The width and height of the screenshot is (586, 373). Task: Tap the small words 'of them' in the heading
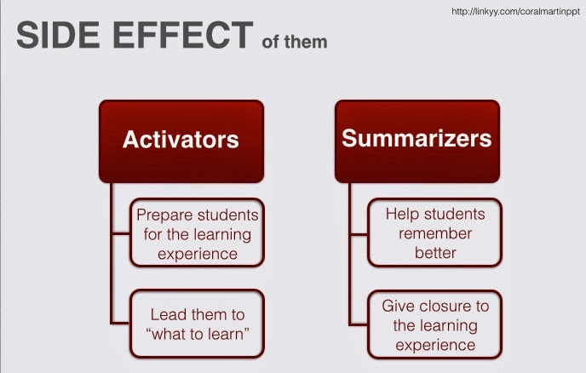coord(295,41)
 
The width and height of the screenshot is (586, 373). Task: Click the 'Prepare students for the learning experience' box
coord(198,232)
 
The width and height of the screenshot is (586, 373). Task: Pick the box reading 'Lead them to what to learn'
coord(198,324)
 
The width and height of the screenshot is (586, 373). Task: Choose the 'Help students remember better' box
coord(435,232)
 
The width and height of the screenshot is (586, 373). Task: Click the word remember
coord(436,232)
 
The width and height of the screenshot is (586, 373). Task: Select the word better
coord(435,252)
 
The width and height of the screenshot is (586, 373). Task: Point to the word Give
coord(399,305)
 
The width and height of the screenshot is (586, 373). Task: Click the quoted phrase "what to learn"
coord(198,335)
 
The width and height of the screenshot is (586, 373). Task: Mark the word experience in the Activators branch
coord(198,253)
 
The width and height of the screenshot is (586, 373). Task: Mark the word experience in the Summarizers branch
coord(435,345)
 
